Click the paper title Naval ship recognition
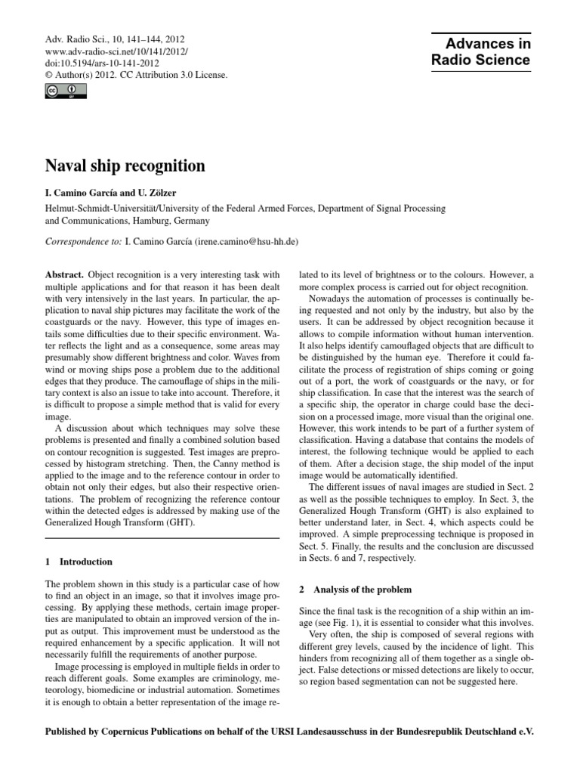tap(125, 164)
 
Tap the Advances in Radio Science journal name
tap(480, 52)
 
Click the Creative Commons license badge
tap(66, 91)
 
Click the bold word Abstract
tap(64, 276)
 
